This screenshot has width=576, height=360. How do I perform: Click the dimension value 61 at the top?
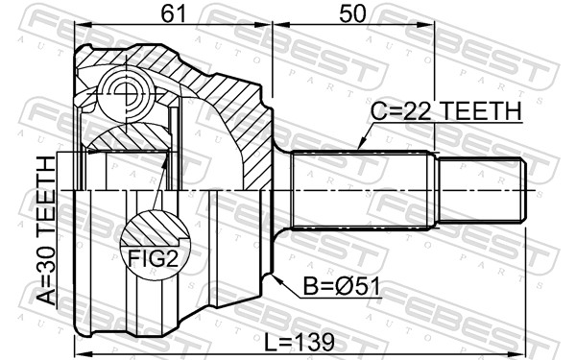[173, 13]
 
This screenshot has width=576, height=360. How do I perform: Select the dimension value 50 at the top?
[352, 13]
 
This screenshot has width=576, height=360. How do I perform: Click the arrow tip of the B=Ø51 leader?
[274, 276]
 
